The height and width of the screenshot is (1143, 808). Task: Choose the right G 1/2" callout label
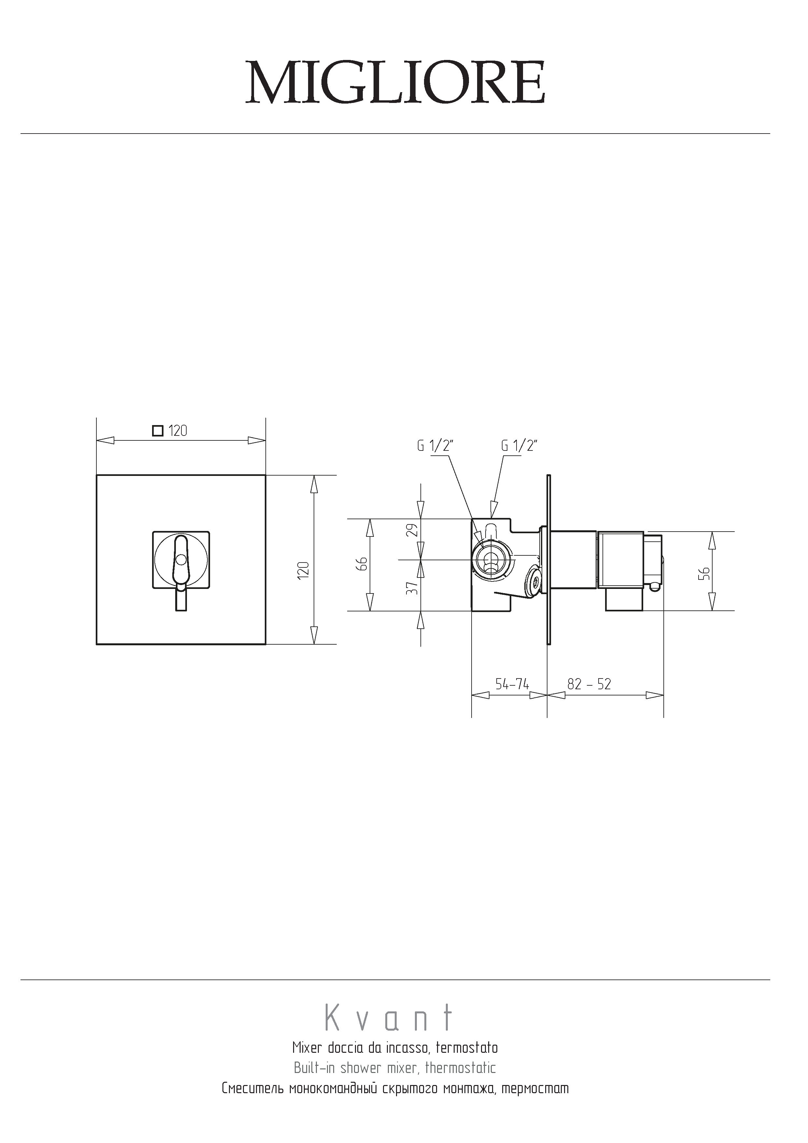tap(519, 446)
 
